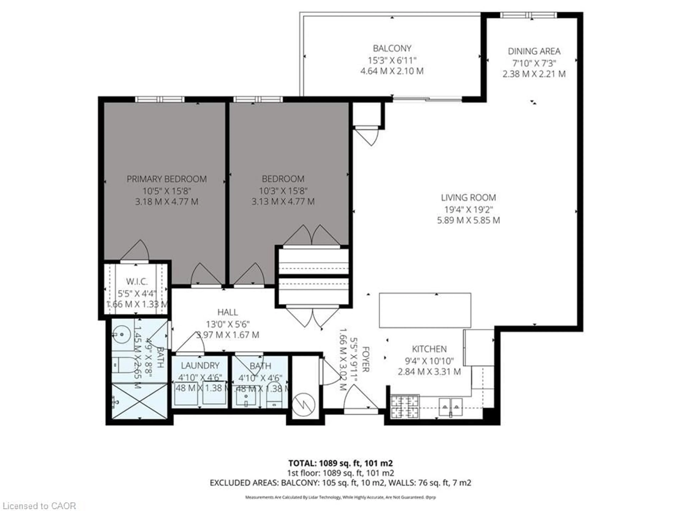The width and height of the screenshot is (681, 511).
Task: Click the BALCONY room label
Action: tap(392, 48)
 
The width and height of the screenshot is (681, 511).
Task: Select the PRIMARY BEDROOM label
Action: tap(167, 179)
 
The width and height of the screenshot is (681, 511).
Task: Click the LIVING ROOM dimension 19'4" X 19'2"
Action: tap(468, 209)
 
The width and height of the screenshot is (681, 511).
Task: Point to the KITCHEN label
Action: tap(429, 349)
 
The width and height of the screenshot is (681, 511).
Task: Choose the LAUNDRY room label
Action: tap(200, 366)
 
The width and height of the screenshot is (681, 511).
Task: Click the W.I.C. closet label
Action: tap(137, 281)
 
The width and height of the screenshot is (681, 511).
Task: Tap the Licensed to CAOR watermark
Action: tap(38, 506)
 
